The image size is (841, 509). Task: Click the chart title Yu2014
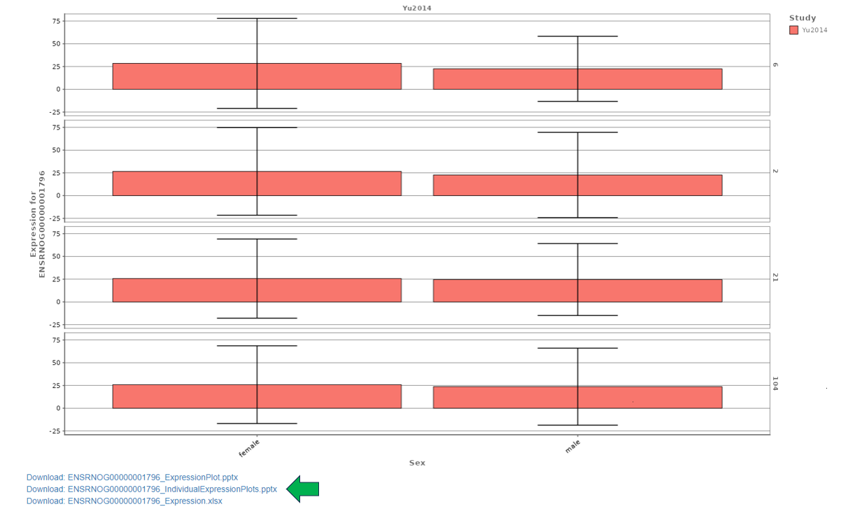pyautogui.click(x=416, y=8)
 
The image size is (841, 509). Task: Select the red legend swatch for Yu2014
pyautogui.click(x=793, y=30)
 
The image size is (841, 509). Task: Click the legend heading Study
pyautogui.click(x=802, y=18)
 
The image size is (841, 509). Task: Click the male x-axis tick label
pyautogui.click(x=572, y=446)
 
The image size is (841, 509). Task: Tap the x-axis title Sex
pyautogui.click(x=417, y=463)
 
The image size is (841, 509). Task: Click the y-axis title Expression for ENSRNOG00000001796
pyautogui.click(x=37, y=223)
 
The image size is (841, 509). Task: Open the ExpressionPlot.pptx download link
pyautogui.click(x=132, y=477)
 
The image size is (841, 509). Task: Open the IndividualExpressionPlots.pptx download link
pyautogui.click(x=152, y=489)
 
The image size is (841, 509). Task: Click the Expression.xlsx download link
pyautogui.click(x=125, y=501)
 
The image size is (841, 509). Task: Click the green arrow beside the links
pyautogui.click(x=303, y=489)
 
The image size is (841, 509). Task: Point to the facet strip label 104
pyautogui.click(x=775, y=384)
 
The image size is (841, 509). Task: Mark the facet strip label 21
pyautogui.click(x=775, y=277)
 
